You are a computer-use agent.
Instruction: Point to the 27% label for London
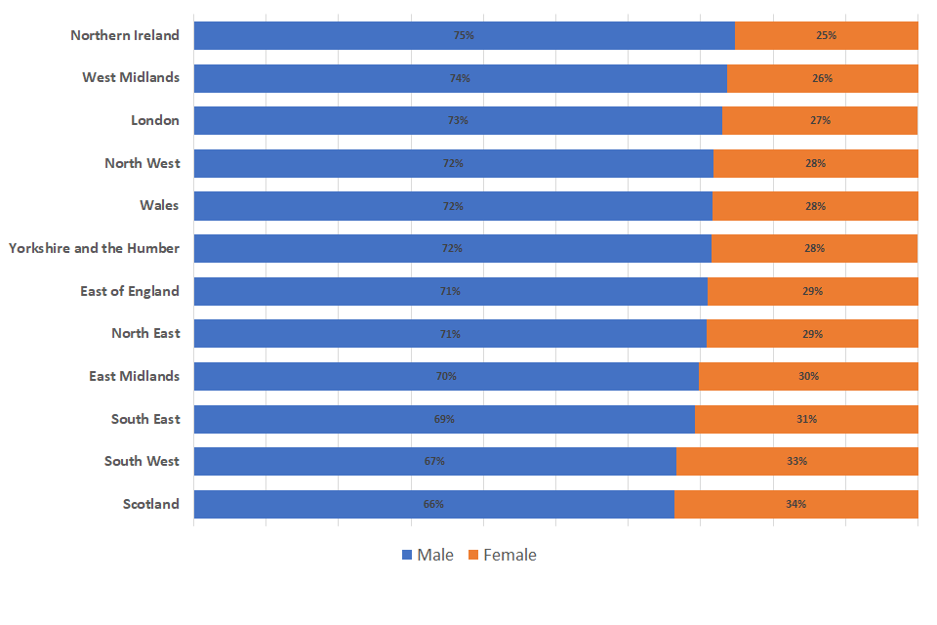(820, 120)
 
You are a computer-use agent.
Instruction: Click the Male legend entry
(428, 555)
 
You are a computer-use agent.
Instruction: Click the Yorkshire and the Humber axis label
(95, 248)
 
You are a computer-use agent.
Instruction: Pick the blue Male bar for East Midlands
(322, 376)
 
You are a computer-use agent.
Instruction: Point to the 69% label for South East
(444, 419)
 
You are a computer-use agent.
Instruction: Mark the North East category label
(145, 333)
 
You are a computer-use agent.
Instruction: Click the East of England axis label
(130, 291)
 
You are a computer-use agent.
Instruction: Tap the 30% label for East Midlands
(808, 376)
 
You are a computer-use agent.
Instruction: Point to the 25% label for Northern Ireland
(826, 35)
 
